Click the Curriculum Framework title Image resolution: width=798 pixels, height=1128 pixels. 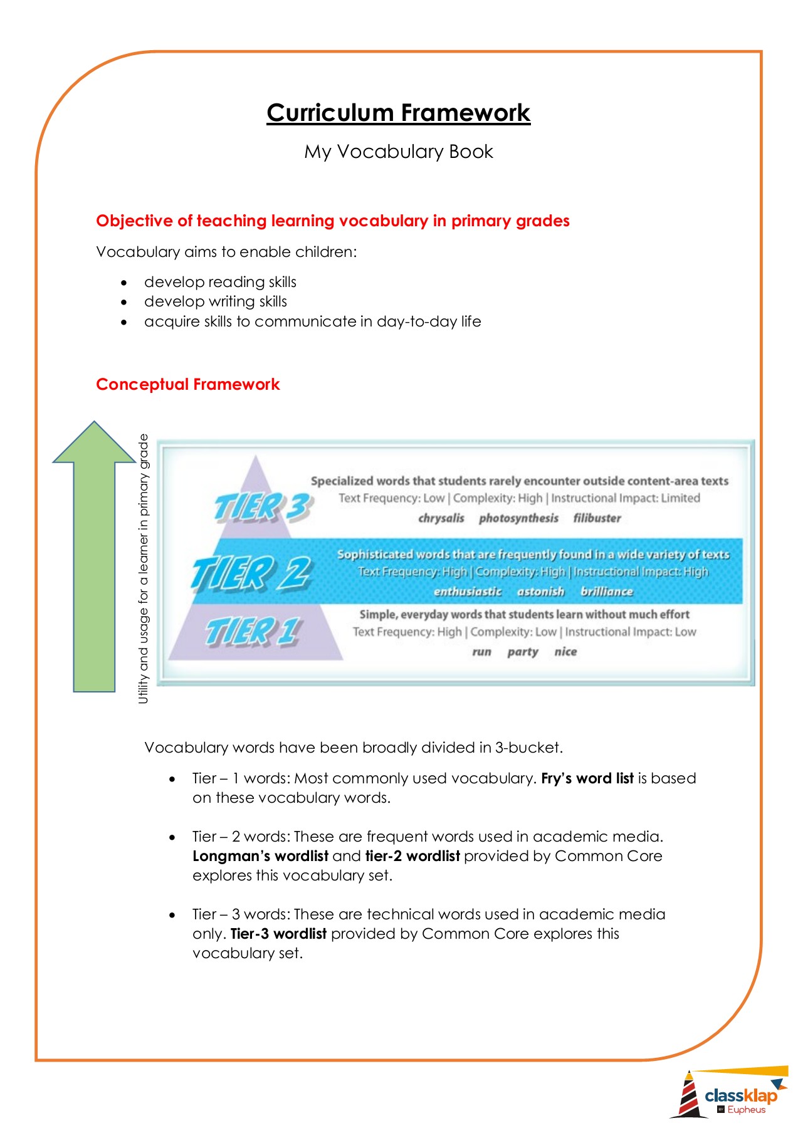pyautogui.click(x=398, y=113)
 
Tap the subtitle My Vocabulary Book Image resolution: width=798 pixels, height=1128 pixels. pyautogui.click(x=398, y=152)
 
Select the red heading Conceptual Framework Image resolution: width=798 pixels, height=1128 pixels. pyautogui.click(x=187, y=384)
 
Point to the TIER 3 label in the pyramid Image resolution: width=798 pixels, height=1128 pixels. pyautogui.click(x=262, y=506)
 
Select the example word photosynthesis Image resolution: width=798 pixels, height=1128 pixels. pyautogui.click(x=518, y=518)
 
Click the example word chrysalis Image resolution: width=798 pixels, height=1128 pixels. pyautogui.click(x=441, y=518)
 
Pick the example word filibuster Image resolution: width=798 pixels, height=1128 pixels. pyautogui.click(x=597, y=518)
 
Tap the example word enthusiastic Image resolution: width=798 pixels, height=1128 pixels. pyautogui.click(x=468, y=592)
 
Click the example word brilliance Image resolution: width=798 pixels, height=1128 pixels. pyautogui.click(x=606, y=592)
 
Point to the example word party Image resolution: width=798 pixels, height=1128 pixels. pyautogui.click(x=523, y=652)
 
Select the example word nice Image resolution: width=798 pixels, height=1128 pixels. pyautogui.click(x=565, y=652)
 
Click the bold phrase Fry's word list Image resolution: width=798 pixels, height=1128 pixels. pyautogui.click(x=587, y=778)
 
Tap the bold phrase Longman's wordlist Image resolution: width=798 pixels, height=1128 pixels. pyautogui.click(x=260, y=856)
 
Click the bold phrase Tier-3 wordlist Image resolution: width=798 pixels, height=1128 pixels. pyautogui.click(x=278, y=934)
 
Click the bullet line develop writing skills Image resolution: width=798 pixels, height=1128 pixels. pyautogui.click(x=216, y=301)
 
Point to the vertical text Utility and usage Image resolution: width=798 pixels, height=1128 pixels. pyautogui.click(x=144, y=568)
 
